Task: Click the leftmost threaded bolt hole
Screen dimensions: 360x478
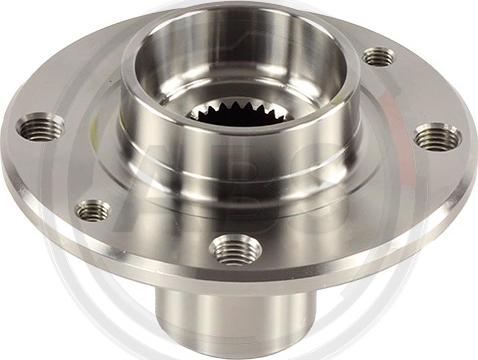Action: coord(40,127)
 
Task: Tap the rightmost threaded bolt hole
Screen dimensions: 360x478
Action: coord(437,137)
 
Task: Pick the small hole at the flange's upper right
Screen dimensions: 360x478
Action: coord(379,57)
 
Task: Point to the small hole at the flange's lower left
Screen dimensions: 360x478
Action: coord(93,210)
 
